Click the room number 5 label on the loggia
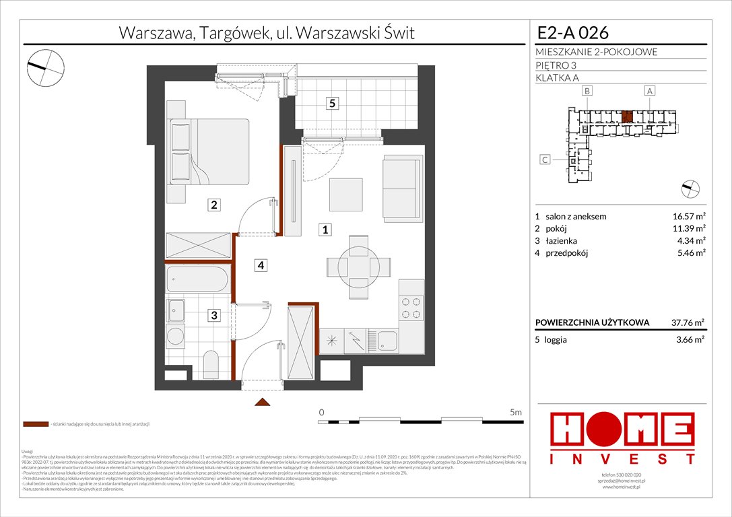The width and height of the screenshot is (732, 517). (x=332, y=103)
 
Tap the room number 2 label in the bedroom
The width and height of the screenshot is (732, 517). (x=213, y=205)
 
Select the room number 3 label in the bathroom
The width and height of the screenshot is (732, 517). (x=213, y=314)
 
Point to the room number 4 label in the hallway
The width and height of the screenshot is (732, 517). (x=260, y=265)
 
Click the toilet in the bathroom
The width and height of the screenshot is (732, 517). (x=210, y=364)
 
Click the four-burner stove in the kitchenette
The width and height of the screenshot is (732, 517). (x=411, y=308)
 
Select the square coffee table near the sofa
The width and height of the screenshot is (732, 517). (x=345, y=195)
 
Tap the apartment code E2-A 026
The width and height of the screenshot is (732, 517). (x=573, y=32)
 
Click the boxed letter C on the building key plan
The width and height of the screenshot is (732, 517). (x=545, y=160)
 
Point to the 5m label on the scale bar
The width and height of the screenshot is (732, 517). (x=516, y=412)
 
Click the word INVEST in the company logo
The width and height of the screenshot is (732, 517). (x=623, y=458)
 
